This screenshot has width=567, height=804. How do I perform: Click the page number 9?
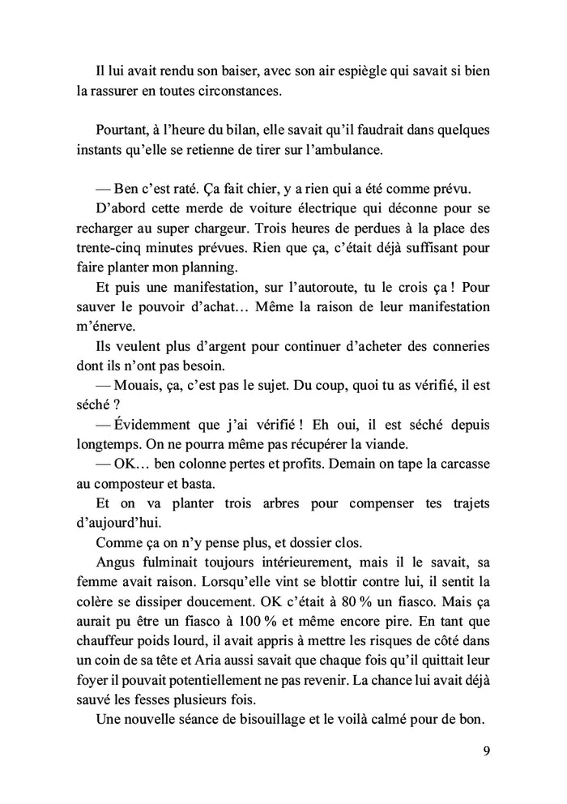[x=484, y=749]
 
